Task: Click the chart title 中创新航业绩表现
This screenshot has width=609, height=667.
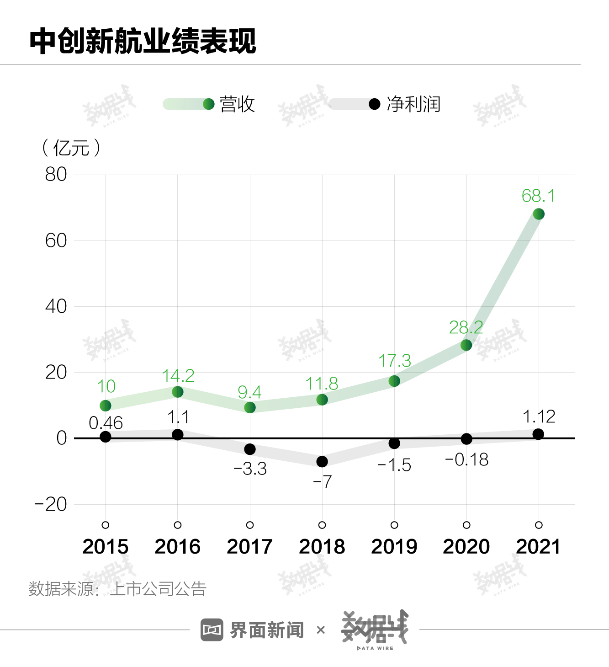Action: click(x=143, y=41)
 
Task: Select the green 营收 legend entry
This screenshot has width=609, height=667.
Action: click(x=237, y=104)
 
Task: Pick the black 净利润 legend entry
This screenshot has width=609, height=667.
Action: click(x=413, y=104)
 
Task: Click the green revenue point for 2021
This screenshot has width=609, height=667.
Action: click(x=539, y=214)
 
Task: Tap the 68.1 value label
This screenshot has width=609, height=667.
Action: click(x=538, y=196)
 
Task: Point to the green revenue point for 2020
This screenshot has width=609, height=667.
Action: click(x=466, y=345)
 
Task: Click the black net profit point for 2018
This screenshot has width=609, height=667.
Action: click(x=322, y=462)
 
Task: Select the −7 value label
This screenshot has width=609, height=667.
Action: click(x=322, y=481)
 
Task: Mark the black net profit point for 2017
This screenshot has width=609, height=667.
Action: click(x=250, y=449)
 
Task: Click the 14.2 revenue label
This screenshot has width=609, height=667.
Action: click(x=178, y=376)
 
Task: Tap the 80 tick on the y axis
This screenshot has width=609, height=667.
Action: click(x=56, y=174)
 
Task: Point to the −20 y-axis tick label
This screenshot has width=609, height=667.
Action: click(x=51, y=504)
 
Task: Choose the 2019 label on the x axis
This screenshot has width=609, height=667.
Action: click(x=394, y=547)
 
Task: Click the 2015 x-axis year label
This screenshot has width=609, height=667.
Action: click(x=106, y=547)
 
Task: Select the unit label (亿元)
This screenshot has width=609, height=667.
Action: click(x=71, y=148)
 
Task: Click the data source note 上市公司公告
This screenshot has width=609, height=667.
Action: click(x=158, y=589)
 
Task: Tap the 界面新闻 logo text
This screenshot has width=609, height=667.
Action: click(x=267, y=630)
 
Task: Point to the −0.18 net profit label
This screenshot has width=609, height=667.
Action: click(x=466, y=459)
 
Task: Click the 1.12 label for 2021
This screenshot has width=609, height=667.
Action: click(x=539, y=416)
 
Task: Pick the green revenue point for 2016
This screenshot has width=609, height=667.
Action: click(x=178, y=392)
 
